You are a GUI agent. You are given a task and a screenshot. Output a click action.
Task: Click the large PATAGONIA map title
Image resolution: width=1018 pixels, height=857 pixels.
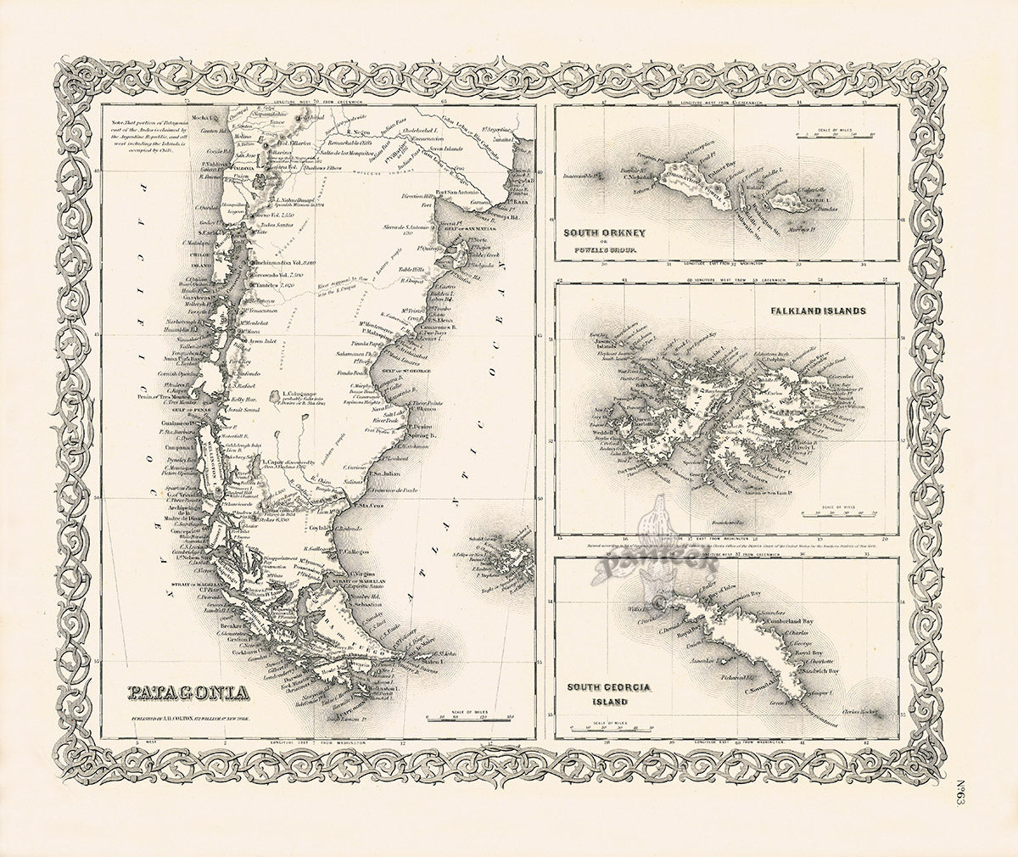click(x=187, y=693)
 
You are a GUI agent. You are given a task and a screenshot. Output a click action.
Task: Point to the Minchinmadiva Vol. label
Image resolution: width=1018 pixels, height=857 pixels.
click(x=281, y=263)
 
